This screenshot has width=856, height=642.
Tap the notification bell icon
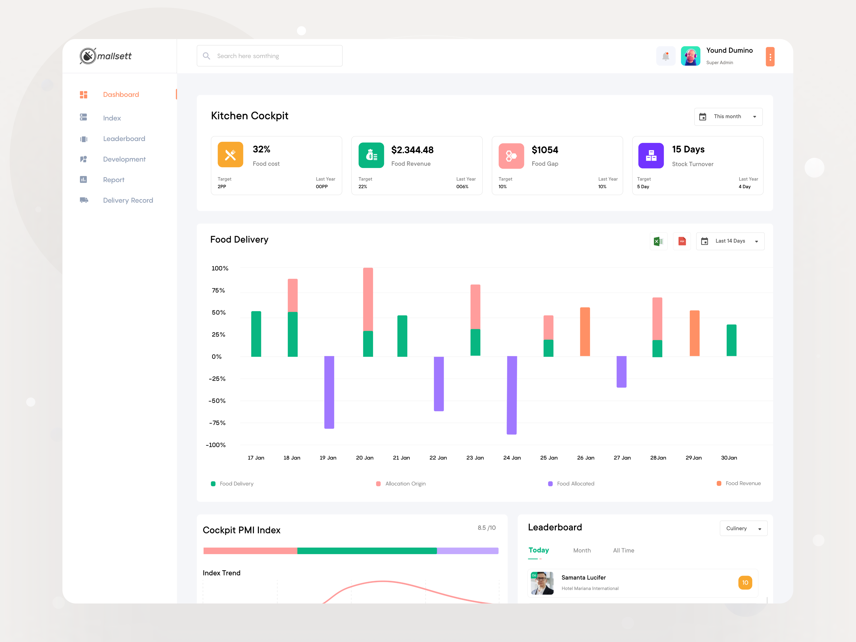666,56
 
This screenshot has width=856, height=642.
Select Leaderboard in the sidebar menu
124,139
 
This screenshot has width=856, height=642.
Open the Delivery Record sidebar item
128,200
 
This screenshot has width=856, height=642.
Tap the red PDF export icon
682,241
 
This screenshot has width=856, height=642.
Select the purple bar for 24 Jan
512,395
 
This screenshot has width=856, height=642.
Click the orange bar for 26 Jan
585,332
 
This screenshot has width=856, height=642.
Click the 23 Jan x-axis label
475,458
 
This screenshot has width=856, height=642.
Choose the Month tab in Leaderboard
582,550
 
